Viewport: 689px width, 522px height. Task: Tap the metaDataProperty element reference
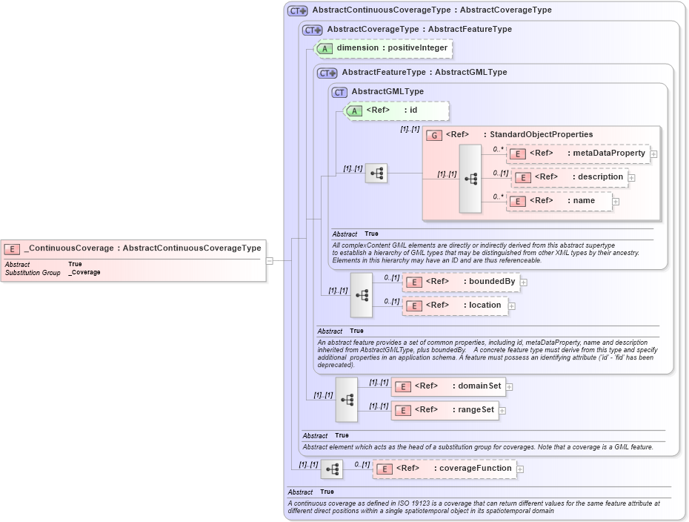coord(578,153)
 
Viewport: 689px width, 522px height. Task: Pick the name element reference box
coord(559,201)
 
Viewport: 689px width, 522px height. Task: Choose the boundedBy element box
coord(460,282)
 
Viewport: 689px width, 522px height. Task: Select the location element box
coord(455,305)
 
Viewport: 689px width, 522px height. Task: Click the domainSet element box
coord(447,386)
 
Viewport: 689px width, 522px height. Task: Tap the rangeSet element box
coord(444,410)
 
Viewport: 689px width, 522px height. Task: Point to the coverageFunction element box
coord(444,469)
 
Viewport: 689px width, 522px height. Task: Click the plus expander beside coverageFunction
coord(520,469)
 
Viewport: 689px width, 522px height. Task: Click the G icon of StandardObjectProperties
coord(435,135)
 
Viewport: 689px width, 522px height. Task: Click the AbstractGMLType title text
coord(387,92)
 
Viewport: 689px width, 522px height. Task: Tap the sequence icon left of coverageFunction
coord(331,469)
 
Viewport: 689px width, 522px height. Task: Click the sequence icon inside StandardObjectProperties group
coord(470,179)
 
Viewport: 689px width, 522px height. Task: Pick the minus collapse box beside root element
coord(270,260)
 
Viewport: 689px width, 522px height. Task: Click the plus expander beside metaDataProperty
coord(654,154)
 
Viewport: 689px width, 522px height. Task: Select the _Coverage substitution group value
coord(84,273)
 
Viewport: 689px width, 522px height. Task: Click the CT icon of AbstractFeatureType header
coord(327,73)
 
